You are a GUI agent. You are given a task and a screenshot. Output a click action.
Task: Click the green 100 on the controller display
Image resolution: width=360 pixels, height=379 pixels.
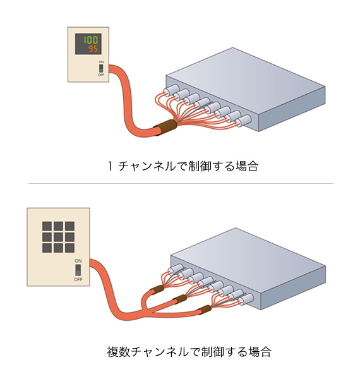tap(91, 40)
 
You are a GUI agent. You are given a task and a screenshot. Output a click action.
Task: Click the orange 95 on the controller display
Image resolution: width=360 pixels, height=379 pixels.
tap(93, 49)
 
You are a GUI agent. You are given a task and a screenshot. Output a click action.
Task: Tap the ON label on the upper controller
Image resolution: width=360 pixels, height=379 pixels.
tap(101, 62)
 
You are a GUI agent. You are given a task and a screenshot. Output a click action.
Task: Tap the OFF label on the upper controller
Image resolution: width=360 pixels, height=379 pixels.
tap(101, 75)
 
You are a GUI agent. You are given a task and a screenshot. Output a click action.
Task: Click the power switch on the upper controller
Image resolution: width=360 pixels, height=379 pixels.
tap(101, 68)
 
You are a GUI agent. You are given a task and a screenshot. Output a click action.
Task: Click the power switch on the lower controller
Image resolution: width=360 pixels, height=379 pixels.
tap(78, 270)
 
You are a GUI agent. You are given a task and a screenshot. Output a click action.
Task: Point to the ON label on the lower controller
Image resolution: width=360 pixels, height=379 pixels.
tap(78, 261)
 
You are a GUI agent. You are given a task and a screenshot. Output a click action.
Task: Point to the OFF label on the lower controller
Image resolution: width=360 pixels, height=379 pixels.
tap(78, 279)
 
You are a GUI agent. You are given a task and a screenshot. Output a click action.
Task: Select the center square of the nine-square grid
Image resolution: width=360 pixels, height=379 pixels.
tap(58, 237)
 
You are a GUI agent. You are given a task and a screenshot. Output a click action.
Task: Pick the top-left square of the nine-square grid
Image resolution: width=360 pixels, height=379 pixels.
tap(47, 226)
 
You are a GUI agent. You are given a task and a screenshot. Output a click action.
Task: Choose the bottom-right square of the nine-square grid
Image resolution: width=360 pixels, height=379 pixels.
tap(69, 248)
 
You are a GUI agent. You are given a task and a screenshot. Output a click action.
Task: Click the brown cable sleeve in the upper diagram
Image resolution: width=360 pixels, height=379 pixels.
tap(165, 128)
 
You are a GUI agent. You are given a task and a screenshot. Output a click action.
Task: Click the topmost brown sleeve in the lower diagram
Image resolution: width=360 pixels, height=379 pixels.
tap(157, 289)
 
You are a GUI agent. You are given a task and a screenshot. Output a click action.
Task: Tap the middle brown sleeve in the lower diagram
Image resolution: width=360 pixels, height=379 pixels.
tap(179, 299)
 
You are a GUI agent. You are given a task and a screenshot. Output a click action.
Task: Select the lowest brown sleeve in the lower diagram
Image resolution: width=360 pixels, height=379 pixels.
tap(205, 310)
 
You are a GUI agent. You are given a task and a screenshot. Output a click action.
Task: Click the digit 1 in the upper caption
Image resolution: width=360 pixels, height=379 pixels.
tap(110, 166)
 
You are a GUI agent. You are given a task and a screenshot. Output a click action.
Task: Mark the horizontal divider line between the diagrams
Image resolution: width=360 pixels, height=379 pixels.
tap(181, 183)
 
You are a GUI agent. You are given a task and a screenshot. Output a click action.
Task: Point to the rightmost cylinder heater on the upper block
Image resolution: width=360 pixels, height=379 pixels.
tap(243, 121)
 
